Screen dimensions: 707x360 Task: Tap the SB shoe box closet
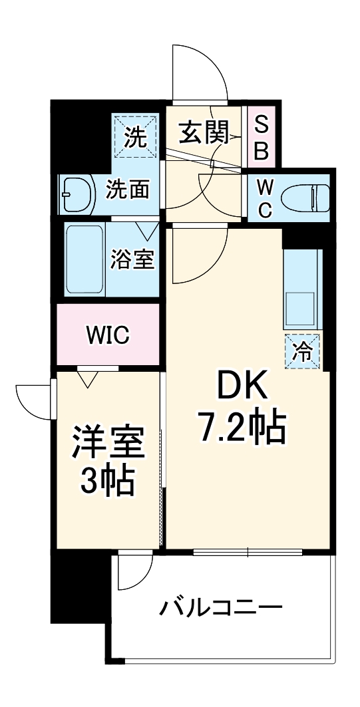pos(262,136)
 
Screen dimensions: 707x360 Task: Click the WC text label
pos(264,197)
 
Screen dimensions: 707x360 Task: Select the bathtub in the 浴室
pos(85,258)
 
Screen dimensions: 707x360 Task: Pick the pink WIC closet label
pos(107,335)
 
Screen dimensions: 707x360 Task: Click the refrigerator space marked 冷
pos(302,350)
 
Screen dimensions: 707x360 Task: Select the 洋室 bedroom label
pos(107,442)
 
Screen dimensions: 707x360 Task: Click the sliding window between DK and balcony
pos(248,551)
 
